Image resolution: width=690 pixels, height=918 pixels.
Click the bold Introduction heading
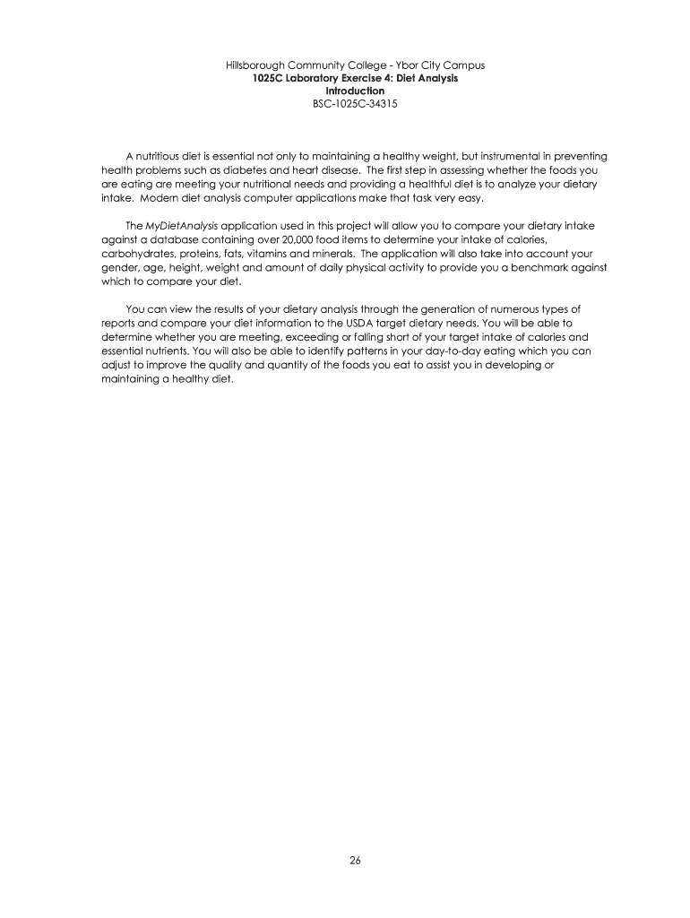[x=355, y=91]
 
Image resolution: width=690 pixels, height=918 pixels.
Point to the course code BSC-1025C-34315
[x=355, y=104]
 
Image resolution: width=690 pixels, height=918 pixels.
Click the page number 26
[x=355, y=861]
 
